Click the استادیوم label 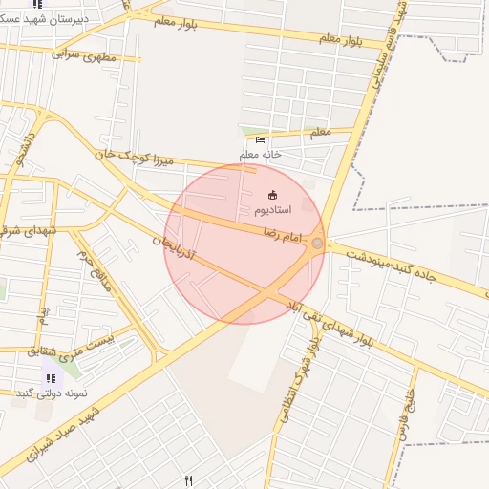(x=274, y=209)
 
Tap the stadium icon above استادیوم (x=274, y=195)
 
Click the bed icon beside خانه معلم (x=261, y=140)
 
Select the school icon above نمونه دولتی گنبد (x=50, y=379)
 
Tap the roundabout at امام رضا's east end (x=317, y=245)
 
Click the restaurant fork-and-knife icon (x=188, y=480)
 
